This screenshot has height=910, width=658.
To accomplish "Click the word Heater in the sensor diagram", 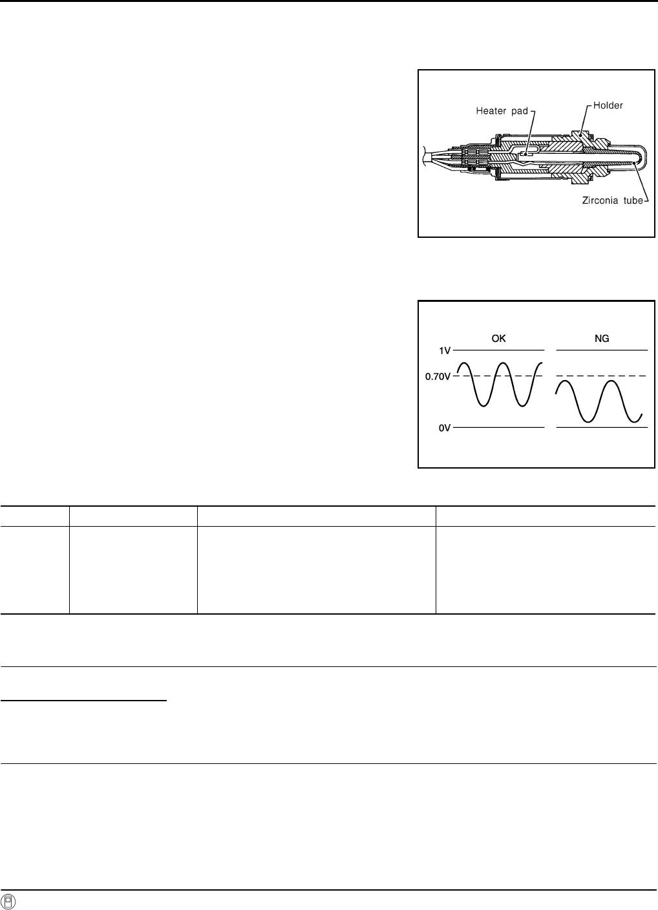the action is point(491,111).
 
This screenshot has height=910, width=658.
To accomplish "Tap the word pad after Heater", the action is point(520,111).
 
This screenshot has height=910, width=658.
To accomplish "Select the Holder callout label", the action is point(608,105).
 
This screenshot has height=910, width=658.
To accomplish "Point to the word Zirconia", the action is point(599,200).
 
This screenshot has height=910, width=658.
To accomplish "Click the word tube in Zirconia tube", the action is point(633,200).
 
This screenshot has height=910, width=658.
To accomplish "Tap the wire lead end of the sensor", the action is point(425,156).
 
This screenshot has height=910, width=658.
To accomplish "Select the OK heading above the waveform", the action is point(498,339).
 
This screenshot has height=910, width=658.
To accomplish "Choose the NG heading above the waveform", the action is point(602,339).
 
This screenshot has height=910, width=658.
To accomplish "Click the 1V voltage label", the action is point(445,350).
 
